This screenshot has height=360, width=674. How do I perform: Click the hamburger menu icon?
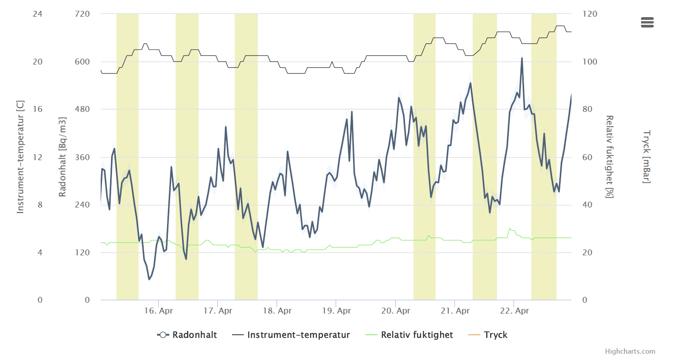[647, 22]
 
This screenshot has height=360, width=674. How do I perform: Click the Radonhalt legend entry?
[187, 335]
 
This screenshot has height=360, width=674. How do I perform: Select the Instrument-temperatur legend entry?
[291, 335]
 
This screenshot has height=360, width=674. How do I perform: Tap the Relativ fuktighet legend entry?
[409, 335]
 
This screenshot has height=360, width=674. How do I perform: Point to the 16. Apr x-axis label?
[158, 311]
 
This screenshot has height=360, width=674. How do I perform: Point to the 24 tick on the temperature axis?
[37, 14]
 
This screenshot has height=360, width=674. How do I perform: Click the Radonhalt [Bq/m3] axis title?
[63, 157]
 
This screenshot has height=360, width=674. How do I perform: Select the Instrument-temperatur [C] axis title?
[20, 157]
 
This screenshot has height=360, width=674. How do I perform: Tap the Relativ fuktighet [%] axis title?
[610, 157]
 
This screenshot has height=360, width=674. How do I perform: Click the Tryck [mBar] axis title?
[646, 157]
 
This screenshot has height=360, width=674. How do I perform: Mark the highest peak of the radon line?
[522, 58]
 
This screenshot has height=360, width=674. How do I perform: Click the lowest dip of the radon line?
[149, 279]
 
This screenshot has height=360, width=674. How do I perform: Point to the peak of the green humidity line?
[510, 229]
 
